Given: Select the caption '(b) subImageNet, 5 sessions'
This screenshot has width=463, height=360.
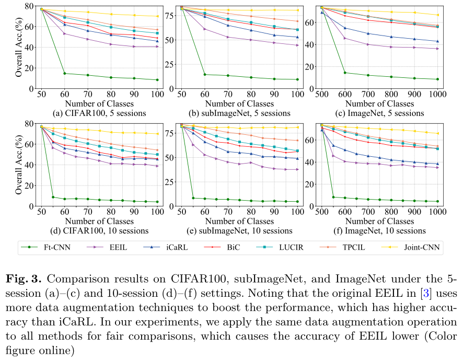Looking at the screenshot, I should (x=239, y=113).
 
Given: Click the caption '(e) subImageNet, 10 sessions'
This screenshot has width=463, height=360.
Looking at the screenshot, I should (x=239, y=230).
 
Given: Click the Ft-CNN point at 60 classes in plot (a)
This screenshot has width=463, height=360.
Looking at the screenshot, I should (x=64, y=73).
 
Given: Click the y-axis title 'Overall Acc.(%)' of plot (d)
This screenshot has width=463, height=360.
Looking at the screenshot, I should (x=18, y=164).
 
